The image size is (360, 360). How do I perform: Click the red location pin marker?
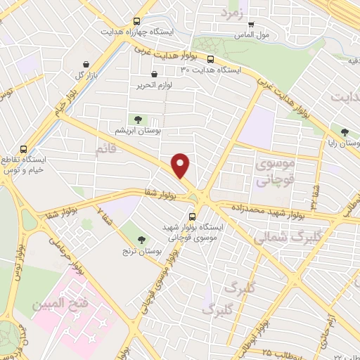click(x=181, y=165)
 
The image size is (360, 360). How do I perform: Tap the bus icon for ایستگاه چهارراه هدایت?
click(x=136, y=22)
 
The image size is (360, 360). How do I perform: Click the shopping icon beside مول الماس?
click(x=251, y=24)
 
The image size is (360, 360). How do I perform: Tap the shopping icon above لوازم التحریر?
click(x=154, y=75)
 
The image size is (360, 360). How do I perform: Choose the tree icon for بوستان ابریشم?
click(x=139, y=120)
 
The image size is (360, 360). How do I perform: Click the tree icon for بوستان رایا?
click(x=345, y=131)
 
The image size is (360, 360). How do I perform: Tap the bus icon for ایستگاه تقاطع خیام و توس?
click(x=25, y=150)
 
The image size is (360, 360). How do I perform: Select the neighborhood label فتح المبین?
click(x=64, y=307)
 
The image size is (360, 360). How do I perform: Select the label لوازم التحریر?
click(x=154, y=85)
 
